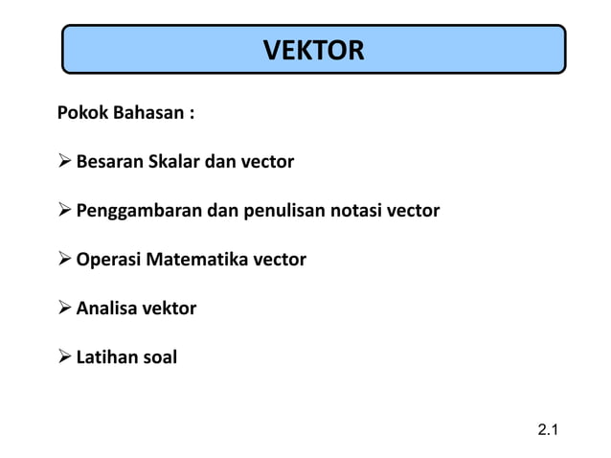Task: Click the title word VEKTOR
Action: coord(313,50)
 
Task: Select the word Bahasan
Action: coord(151,113)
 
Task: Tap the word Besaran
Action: coord(109,161)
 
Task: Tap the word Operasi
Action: coord(108,259)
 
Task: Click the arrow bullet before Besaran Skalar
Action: coord(65,161)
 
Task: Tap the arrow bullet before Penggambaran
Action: coord(65,210)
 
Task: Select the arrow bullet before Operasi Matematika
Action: coord(65,259)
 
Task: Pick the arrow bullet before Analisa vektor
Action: coord(65,309)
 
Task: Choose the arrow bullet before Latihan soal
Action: coord(65,358)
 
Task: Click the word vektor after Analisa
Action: coord(169,309)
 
